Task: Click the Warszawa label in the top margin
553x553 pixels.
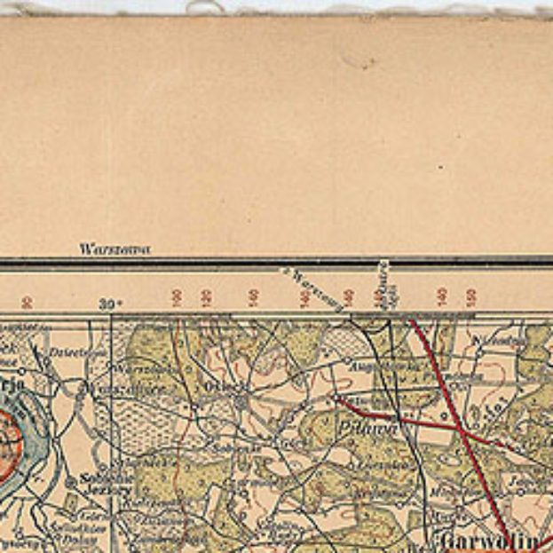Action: [x=115, y=249]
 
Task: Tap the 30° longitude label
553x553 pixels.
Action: [x=111, y=304]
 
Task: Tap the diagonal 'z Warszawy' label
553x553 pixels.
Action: [x=312, y=289]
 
